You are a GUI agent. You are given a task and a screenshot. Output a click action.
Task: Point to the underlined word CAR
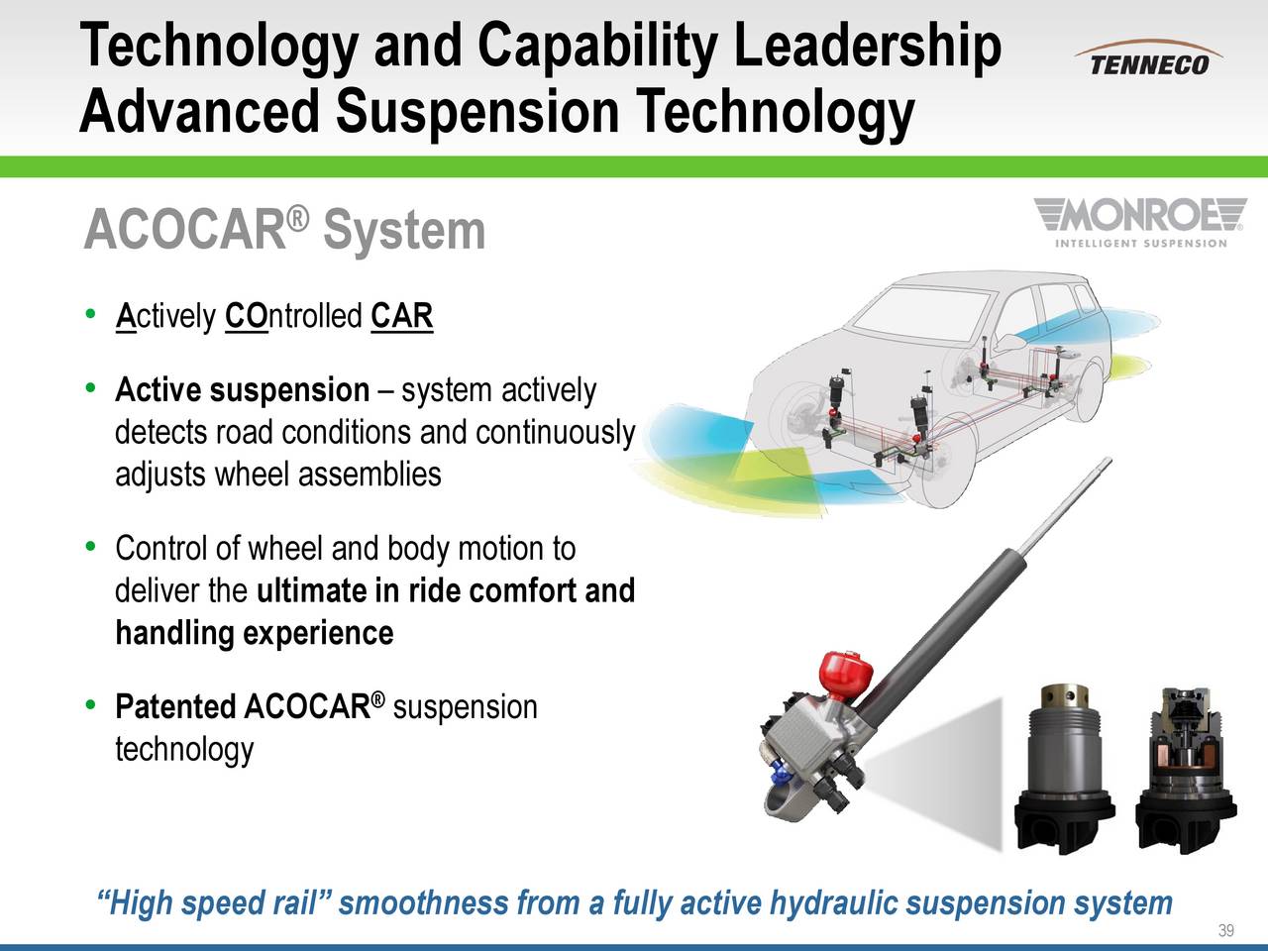pyautogui.click(x=401, y=318)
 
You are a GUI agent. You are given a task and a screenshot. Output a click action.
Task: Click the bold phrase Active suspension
pyautogui.click(x=242, y=391)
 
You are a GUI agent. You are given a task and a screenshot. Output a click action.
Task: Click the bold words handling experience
pyautogui.click(x=255, y=632)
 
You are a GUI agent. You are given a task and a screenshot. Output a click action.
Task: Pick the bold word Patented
pyautogui.click(x=175, y=707)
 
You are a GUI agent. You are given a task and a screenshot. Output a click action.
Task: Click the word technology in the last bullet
pyautogui.click(x=184, y=750)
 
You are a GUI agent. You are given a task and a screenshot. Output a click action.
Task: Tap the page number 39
pyautogui.click(x=1225, y=929)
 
